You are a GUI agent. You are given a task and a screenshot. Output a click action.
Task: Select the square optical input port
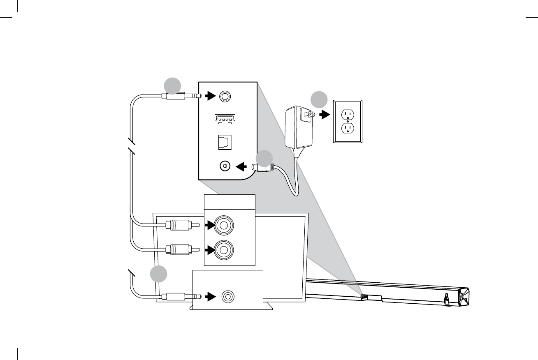click(225, 142)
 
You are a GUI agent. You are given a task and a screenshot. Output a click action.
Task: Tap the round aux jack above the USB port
click(225, 96)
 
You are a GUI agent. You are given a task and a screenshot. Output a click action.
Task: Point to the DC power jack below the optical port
click(225, 166)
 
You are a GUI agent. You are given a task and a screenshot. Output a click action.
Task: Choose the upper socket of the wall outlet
click(348, 113)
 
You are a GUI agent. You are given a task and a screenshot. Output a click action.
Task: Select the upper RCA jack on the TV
click(224, 225)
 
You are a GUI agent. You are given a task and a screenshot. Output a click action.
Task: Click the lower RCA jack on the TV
click(224, 249)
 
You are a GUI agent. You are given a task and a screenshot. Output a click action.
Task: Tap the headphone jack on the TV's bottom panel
click(227, 296)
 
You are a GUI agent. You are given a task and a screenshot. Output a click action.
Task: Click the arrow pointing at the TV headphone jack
click(211, 296)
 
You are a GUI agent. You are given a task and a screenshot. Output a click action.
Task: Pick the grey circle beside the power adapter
click(319, 100)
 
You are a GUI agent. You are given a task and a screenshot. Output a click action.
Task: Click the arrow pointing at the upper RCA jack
click(210, 225)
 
